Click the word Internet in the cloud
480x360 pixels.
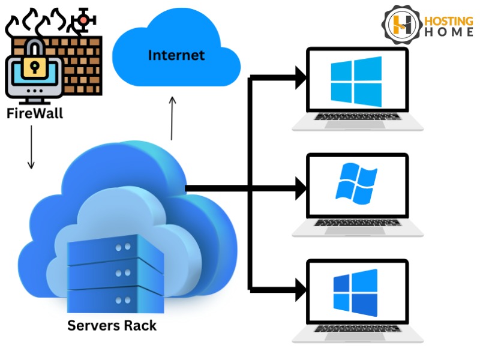[176, 56]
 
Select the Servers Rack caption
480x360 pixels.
[112, 326]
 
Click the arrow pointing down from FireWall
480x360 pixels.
[31, 147]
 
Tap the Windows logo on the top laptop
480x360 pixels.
[356, 81]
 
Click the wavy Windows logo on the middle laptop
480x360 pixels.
[356, 182]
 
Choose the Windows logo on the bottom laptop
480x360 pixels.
[356, 292]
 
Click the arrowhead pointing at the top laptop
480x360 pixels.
[298, 76]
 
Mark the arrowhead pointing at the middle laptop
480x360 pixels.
[298, 189]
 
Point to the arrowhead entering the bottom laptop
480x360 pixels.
[298, 290]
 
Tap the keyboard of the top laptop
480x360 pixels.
[358, 117]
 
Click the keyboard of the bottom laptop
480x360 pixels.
[358, 329]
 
